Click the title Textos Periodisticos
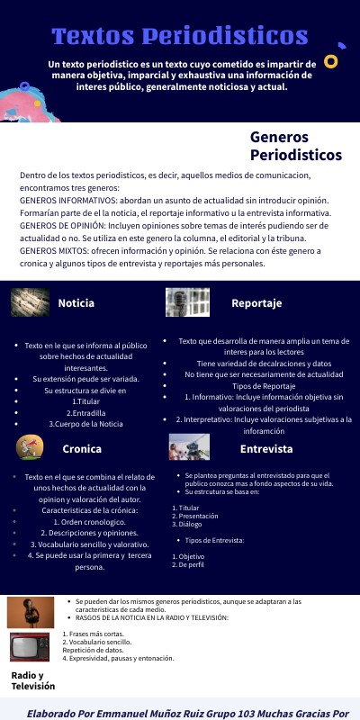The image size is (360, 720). [180, 36]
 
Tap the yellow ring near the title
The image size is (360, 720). [330, 61]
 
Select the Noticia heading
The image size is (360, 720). [76, 303]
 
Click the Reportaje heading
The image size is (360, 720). [256, 303]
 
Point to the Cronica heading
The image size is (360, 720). [82, 448]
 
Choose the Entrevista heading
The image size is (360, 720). [266, 448]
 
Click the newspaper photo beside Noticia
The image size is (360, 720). [30, 301]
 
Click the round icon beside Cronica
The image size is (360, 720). [30, 447]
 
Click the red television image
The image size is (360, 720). [30, 647]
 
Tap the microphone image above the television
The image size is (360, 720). [30, 613]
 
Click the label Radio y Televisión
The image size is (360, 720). [33, 680]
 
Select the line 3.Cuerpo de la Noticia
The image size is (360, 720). [85, 424]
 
